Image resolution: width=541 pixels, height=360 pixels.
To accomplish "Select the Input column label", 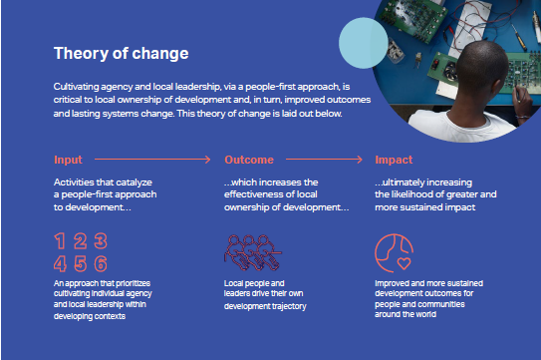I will [70, 159].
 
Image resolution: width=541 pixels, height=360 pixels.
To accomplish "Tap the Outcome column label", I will [249, 159].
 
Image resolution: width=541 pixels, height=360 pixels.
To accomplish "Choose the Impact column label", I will [395, 159].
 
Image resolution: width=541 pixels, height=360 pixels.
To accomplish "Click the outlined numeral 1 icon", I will [62, 242].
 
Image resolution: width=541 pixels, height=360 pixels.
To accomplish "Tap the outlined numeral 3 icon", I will [101, 242].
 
